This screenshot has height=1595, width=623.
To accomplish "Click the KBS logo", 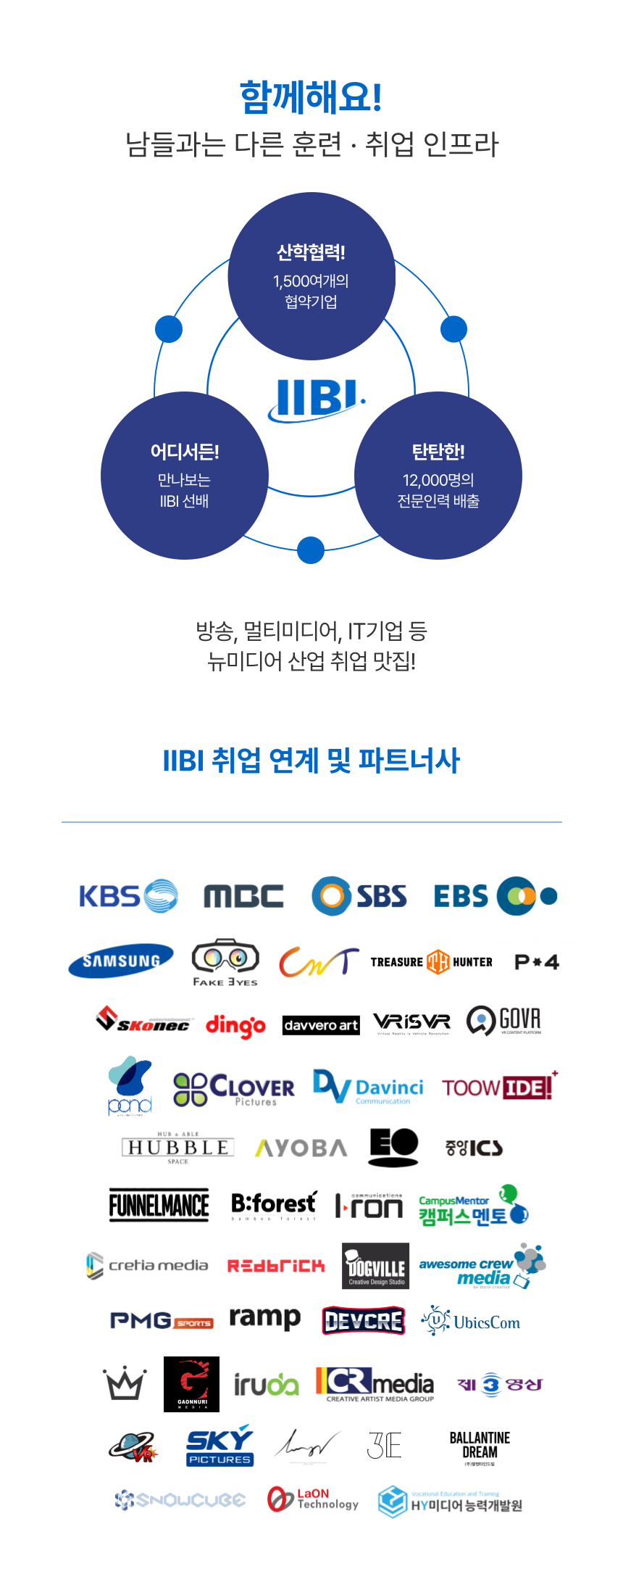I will click(x=128, y=896).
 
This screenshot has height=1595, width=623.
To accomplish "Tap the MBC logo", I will click(x=243, y=897).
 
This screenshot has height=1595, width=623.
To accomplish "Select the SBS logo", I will click(x=359, y=897).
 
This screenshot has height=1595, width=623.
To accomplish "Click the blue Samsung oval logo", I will click(x=121, y=961).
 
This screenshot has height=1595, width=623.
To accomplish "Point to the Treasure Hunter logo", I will click(x=431, y=962).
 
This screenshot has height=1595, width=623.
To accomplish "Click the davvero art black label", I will click(x=321, y=1025).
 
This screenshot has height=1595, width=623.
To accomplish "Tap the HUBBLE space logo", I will click(x=177, y=1148).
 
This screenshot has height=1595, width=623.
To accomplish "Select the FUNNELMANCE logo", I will click(x=159, y=1205).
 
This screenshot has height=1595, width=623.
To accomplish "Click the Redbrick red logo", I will click(x=276, y=1266).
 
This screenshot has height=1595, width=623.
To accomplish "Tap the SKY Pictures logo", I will click(x=219, y=1445).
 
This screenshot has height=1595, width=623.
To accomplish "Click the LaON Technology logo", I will click(x=313, y=1499).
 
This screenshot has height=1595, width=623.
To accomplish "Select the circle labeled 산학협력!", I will click(x=311, y=276).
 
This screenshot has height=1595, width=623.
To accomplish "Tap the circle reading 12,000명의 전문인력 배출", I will click(x=438, y=476).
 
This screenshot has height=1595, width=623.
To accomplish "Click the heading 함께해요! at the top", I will click(x=311, y=97).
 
